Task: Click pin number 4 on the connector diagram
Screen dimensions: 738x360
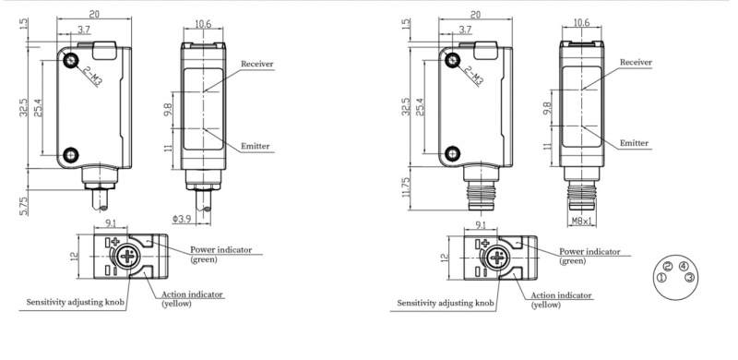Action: [683, 266]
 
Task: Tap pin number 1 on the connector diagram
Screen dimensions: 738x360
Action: [661, 278]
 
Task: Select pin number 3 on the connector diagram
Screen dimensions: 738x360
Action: [689, 278]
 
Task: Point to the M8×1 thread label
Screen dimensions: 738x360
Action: [583, 220]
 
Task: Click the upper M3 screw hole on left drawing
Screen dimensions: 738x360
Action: [71, 60]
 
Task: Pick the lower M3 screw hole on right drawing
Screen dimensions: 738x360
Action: [453, 152]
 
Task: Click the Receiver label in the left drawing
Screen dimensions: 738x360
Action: [257, 64]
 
